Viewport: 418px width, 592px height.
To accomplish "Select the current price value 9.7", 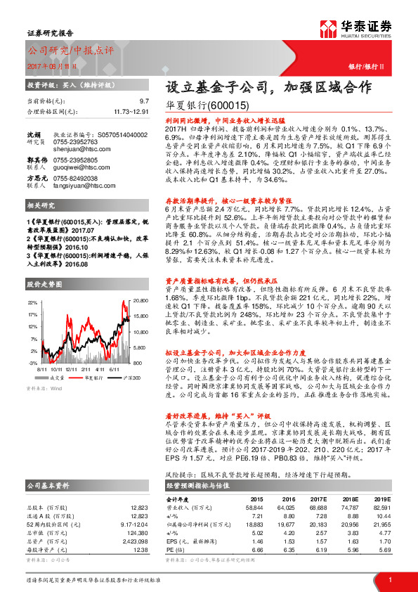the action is click(144, 102).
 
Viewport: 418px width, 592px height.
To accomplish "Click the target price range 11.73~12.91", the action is click(131, 111).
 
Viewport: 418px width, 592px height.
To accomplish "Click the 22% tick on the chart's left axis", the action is click(32, 302).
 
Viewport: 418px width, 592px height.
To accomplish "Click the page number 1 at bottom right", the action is click(389, 579).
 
